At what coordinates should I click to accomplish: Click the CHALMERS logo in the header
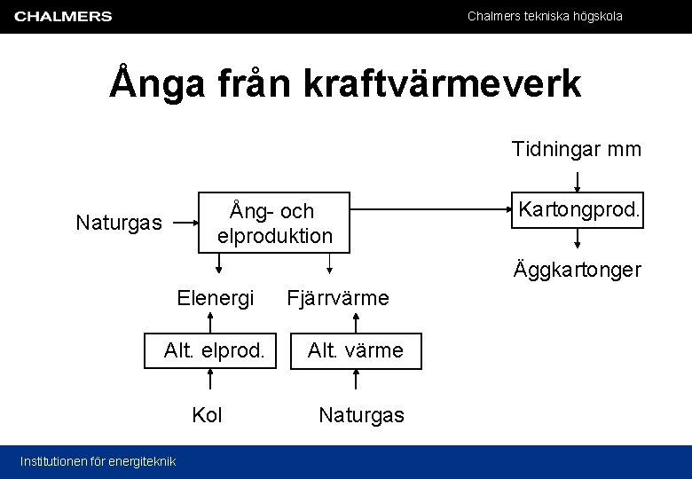click(63, 16)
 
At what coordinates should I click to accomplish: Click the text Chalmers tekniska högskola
click(545, 16)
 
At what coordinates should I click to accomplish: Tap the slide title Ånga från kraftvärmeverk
click(345, 84)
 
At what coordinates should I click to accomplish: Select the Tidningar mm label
click(576, 149)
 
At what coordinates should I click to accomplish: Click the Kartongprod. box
click(578, 210)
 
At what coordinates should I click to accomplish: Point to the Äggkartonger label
click(577, 270)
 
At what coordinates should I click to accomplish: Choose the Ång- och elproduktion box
click(274, 223)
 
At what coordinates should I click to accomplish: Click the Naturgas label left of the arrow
click(119, 222)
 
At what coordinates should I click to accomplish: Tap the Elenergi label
click(216, 297)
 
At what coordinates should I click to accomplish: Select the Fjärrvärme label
click(337, 297)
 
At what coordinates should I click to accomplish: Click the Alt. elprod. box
click(213, 350)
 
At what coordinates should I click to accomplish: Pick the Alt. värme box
click(355, 350)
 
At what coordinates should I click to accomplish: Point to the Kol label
click(208, 414)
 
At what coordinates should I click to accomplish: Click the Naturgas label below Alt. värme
click(361, 414)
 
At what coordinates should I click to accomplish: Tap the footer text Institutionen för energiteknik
click(98, 460)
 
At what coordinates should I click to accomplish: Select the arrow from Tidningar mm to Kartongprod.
click(578, 180)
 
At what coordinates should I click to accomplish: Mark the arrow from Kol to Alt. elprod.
click(210, 379)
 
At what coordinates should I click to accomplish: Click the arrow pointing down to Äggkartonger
click(578, 239)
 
